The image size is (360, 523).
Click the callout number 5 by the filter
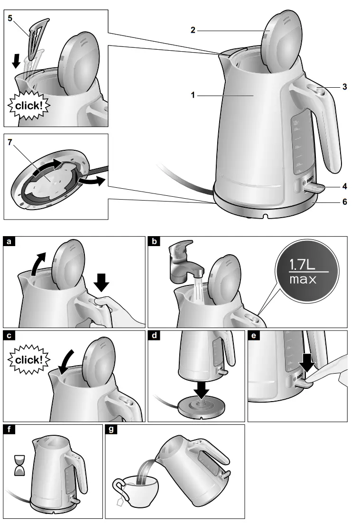[x=10, y=20]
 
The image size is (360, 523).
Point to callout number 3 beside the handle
[x=344, y=87]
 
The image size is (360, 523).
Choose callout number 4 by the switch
[x=344, y=187]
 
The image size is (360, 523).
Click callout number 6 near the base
[x=344, y=202]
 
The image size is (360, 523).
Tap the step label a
[x=9, y=242]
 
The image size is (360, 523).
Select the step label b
[x=154, y=242]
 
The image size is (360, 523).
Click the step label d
[x=154, y=336]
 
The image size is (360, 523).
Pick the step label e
[x=253, y=336]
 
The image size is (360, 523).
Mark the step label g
[x=111, y=430]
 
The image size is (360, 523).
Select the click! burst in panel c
[x=27, y=359]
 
